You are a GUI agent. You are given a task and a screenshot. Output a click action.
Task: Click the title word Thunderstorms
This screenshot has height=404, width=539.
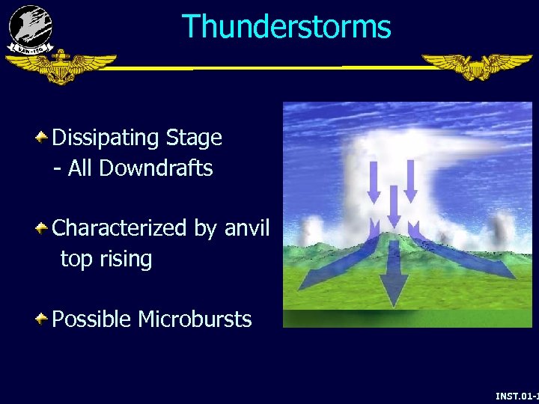[x=287, y=27]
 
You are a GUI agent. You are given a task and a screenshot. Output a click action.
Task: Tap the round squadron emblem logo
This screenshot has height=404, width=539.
[x=31, y=28]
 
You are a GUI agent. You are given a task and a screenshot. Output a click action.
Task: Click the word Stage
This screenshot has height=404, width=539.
[x=194, y=138]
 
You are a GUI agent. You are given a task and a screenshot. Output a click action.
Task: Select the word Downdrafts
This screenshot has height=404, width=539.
[x=156, y=168]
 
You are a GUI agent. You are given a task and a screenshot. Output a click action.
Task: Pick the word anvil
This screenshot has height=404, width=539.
[x=246, y=227]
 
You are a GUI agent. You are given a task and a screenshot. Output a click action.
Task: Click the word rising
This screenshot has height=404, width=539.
[x=126, y=259]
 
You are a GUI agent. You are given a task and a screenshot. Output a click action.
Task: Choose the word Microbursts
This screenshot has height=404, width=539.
[x=195, y=319]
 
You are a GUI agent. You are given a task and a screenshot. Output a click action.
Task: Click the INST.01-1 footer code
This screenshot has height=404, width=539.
[x=517, y=395]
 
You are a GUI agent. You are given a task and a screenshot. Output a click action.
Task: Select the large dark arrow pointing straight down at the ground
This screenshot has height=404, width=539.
[x=394, y=281]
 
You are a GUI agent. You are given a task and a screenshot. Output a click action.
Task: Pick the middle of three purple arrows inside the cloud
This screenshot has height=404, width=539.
[x=393, y=206]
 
